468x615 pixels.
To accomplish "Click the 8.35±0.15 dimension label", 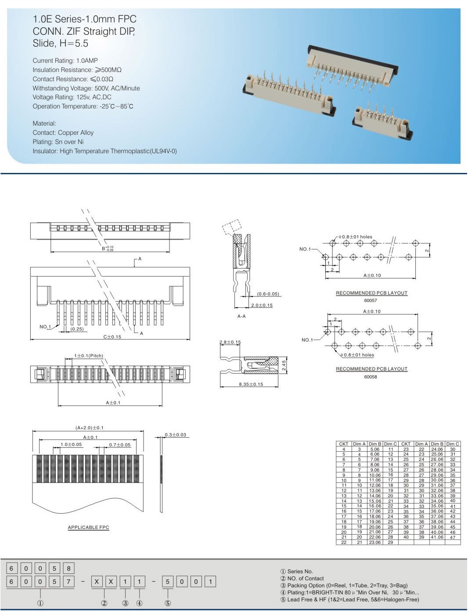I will (251, 384).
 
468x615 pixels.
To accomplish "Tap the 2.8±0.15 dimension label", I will (230, 342).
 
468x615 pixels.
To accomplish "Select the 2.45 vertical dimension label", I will (284, 365).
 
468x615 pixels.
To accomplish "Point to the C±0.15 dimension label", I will (112, 337).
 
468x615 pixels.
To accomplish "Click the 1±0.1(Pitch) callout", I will (88, 356).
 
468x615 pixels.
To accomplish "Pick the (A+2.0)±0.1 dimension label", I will (90, 428).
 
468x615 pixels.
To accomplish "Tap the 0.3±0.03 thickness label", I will (175, 435).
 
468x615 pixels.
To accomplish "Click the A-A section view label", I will (241, 316).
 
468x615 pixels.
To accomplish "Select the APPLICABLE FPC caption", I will (88, 527).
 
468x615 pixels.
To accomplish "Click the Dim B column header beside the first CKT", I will (374, 444).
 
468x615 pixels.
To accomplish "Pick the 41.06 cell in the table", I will (437, 537).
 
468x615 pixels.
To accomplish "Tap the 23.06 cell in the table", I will (374, 543).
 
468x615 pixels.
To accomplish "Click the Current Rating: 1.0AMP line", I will (65, 61).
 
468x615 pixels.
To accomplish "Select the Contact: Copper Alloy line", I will (63, 133).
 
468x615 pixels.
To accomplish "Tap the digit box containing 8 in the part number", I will (68, 568).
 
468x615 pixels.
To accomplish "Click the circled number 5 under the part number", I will (167, 603).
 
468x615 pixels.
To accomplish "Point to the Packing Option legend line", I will (344, 585).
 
